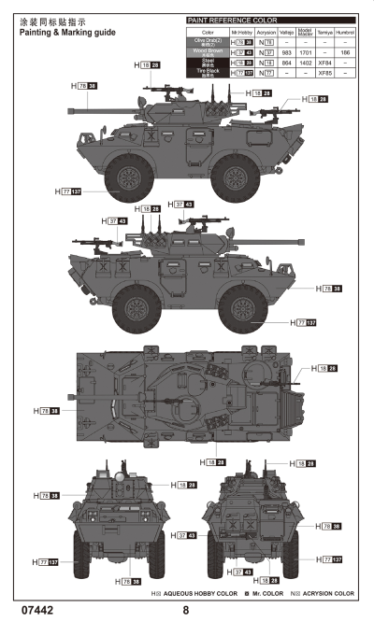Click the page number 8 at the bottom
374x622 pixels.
click(x=186, y=610)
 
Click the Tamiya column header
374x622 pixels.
click(x=324, y=32)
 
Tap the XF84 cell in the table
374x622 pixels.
click(x=324, y=63)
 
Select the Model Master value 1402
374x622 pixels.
click(x=305, y=63)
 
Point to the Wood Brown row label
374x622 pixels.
click(x=205, y=52)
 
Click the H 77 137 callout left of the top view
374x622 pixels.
click(x=69, y=191)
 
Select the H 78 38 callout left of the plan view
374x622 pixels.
click(x=46, y=411)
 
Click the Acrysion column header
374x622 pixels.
click(x=266, y=32)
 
